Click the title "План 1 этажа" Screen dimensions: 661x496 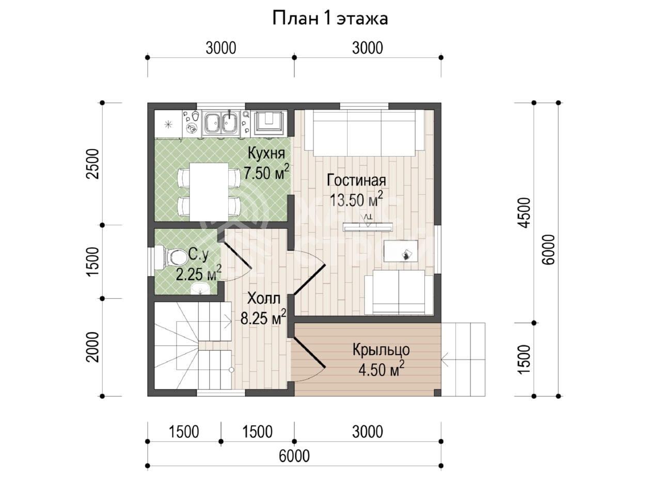tap(330, 19)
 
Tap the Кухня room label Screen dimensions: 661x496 tap(266, 153)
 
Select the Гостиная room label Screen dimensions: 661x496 tap(356, 180)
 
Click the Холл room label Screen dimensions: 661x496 tap(264, 298)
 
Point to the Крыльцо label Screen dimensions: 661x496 tap(381, 350)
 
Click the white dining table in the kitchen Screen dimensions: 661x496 tap(209, 192)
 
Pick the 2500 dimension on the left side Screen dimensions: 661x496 tap(92, 164)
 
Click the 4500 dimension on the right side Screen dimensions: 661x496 tap(524, 213)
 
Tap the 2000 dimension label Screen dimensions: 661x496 tap(92, 347)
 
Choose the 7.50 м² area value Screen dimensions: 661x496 tap(266, 172)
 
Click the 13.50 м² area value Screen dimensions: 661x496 tap(356, 199)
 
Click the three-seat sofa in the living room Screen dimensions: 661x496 tap(365, 133)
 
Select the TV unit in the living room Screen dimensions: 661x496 tap(368, 227)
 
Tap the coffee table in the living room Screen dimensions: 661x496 tap(401, 251)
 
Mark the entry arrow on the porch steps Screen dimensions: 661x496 tap(445, 359)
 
